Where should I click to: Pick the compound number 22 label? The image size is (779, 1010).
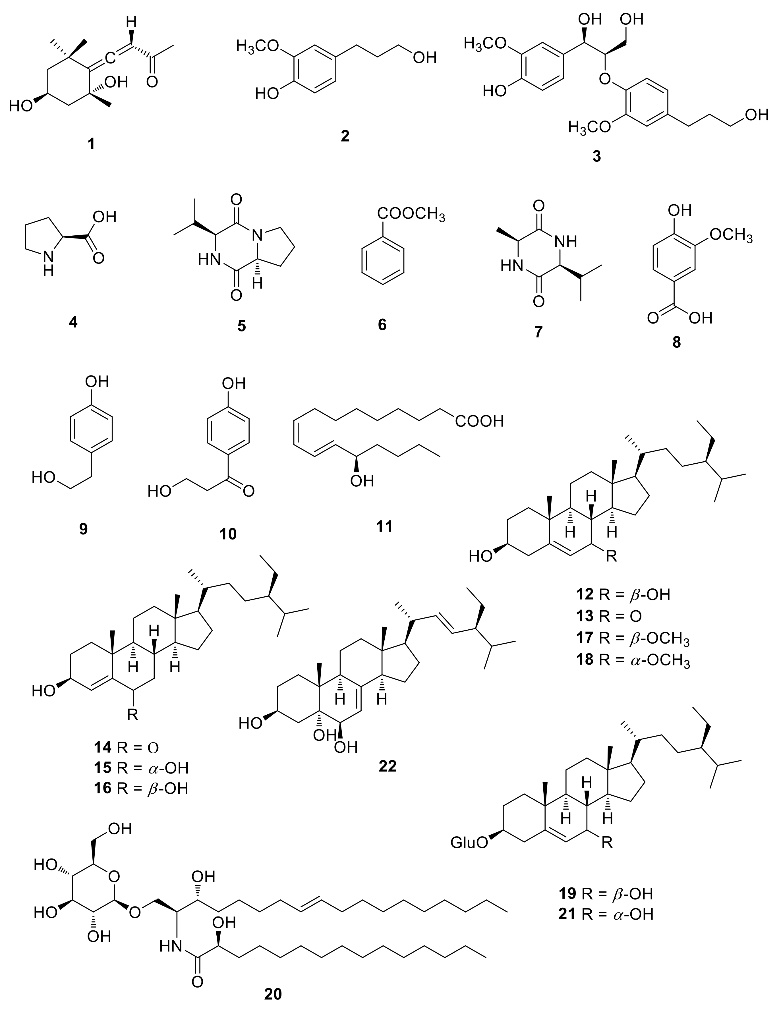[x=387, y=766]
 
